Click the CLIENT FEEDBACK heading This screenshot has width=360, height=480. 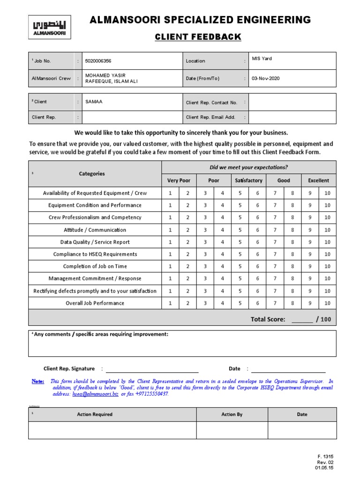click(x=199, y=37)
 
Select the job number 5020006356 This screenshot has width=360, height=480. click(x=98, y=61)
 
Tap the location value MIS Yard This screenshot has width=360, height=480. click(x=262, y=59)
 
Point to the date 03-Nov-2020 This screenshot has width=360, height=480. click(x=265, y=78)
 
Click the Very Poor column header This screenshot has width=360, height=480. click(x=179, y=180)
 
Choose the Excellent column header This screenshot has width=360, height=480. click(x=318, y=180)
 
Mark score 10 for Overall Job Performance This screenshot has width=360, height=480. click(x=327, y=303)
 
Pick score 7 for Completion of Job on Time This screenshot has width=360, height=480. click(x=275, y=266)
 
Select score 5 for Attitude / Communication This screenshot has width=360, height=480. click(x=240, y=230)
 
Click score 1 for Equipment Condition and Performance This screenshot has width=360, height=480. click(x=170, y=205)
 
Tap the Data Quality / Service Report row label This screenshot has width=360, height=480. click(x=95, y=242)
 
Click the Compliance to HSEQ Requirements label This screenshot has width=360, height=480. click(x=95, y=254)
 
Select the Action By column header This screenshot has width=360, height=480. click(x=232, y=414)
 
